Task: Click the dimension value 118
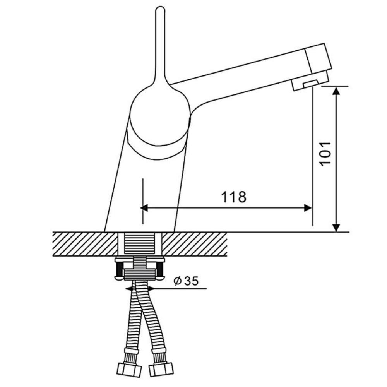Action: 233,197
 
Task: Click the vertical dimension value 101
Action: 325,154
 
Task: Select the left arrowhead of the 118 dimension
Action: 144,208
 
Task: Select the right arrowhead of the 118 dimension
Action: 308,208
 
